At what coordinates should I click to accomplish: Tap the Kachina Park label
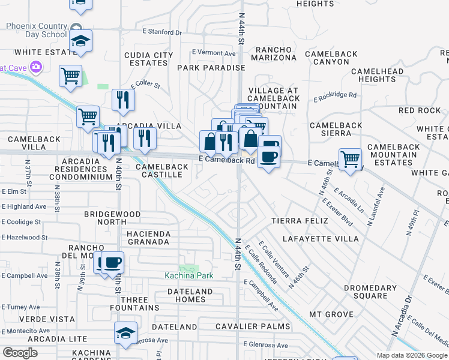click(189, 275)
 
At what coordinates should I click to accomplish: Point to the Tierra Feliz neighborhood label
click(300, 221)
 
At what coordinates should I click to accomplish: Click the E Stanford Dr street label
click(161, 31)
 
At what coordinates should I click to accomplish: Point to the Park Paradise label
click(211, 68)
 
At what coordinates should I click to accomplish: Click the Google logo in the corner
click(20, 352)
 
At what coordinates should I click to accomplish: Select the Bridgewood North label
click(112, 218)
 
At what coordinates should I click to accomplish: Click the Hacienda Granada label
click(148, 238)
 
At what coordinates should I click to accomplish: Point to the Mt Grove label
click(331, 314)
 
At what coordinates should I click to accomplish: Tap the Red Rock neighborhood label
click(420, 110)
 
